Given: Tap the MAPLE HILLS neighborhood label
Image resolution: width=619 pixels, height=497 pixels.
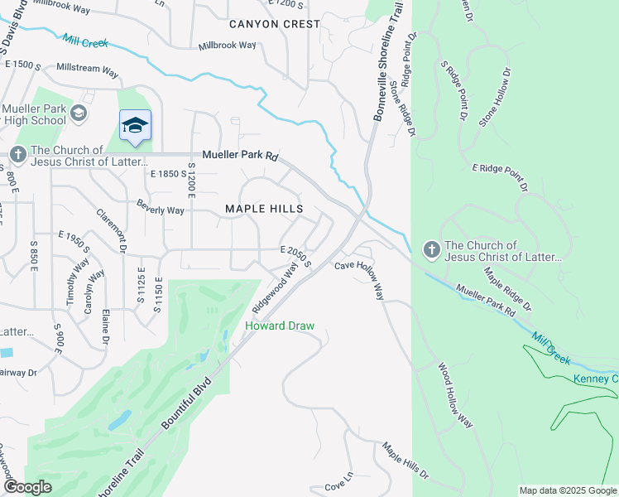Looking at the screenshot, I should pyautogui.click(x=264, y=210).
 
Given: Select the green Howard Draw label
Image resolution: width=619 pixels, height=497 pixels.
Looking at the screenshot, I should pyautogui.click(x=280, y=326).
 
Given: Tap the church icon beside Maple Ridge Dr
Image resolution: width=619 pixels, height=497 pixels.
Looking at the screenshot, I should pyautogui.click(x=430, y=249).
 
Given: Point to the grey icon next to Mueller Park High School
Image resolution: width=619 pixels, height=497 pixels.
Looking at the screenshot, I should pyautogui.click(x=79, y=113).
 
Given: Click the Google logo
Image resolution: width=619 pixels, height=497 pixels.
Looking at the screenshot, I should pyautogui.click(x=26, y=487).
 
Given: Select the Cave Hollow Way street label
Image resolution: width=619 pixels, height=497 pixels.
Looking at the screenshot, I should pyautogui.click(x=359, y=278).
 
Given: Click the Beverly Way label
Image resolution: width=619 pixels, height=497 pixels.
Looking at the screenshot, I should pyautogui.click(x=161, y=210).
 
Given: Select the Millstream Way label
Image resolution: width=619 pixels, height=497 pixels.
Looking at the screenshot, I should pyautogui.click(x=87, y=72).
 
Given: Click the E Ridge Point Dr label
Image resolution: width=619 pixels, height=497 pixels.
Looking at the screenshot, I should pyautogui.click(x=500, y=177).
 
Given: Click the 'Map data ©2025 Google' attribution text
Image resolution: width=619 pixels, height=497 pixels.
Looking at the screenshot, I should pyautogui.click(x=568, y=490).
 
